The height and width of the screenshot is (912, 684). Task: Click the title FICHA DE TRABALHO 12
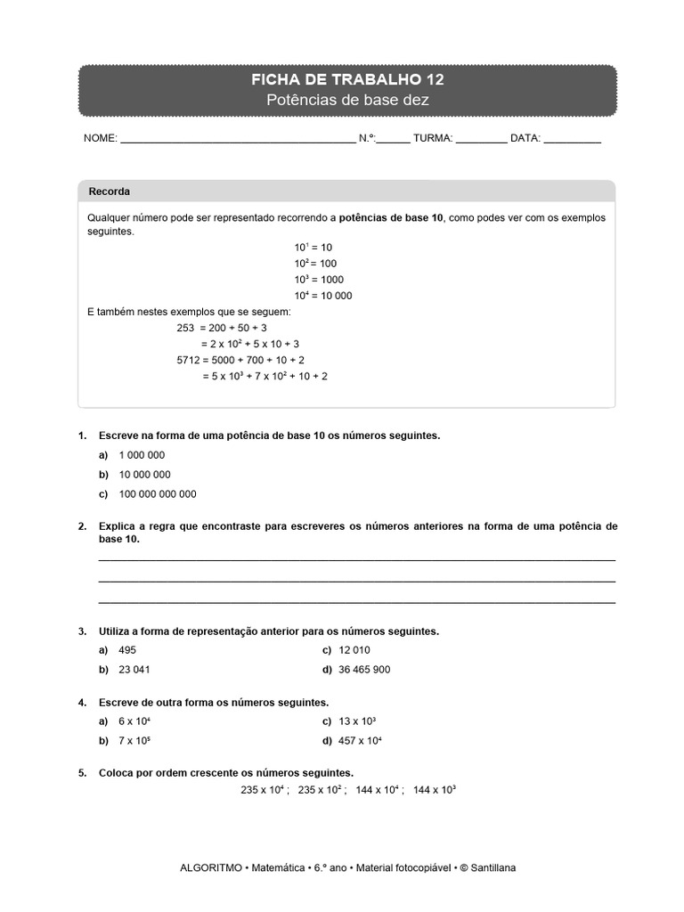click(347, 80)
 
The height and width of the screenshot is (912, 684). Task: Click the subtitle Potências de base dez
click(347, 101)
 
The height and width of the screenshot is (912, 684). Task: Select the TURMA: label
click(433, 139)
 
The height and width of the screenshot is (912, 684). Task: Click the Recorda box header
click(110, 191)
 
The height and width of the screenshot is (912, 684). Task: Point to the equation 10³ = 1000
click(318, 280)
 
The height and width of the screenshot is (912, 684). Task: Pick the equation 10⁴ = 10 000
click(322, 296)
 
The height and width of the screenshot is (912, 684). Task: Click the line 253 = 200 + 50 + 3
click(222, 328)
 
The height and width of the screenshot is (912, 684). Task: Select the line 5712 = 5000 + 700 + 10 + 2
click(240, 360)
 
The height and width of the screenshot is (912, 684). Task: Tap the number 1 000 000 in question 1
click(142, 455)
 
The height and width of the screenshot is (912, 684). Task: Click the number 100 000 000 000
click(158, 494)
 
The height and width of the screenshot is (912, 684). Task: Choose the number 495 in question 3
click(127, 650)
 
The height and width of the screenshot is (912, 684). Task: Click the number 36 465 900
click(365, 670)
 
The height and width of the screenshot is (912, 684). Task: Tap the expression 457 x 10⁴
click(362, 741)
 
